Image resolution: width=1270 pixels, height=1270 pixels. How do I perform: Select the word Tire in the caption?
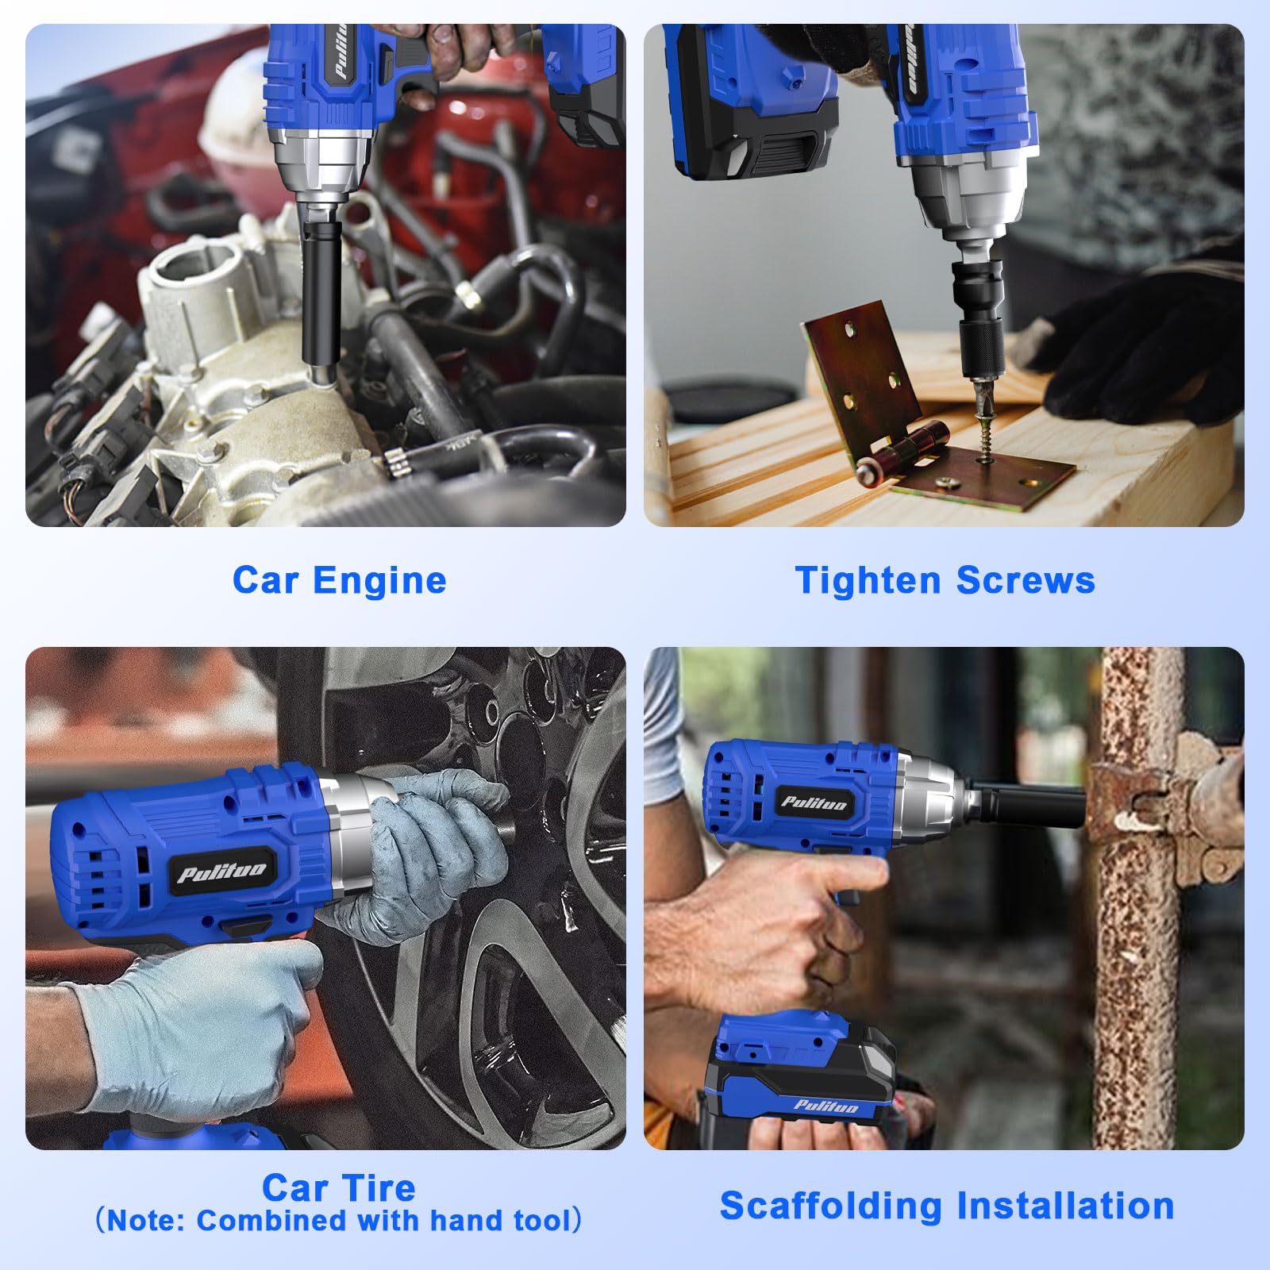[x=378, y=1188]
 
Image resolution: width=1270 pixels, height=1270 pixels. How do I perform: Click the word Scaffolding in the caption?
[x=831, y=1206]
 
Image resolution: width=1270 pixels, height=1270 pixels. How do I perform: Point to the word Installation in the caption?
[x=1065, y=1206]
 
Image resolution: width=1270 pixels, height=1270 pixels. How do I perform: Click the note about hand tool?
[x=339, y=1221]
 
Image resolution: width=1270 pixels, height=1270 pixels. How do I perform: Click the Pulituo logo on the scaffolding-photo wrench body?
[x=814, y=802]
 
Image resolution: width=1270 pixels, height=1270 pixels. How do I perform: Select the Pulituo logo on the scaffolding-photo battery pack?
[x=825, y=1106]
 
